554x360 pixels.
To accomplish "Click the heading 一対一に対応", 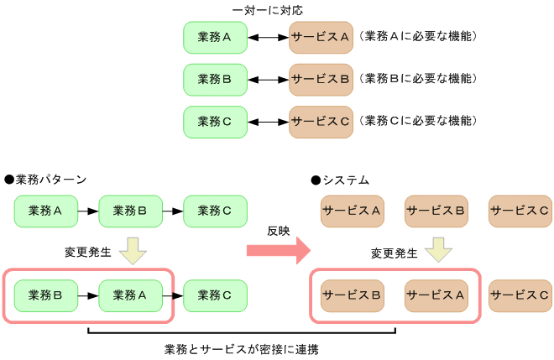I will (x=268, y=10).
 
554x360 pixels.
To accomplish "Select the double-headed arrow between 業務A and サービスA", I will (x=268, y=38).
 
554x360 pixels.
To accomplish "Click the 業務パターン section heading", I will (x=45, y=180).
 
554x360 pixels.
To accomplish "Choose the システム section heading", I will (x=340, y=180).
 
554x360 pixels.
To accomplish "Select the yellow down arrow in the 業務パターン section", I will (x=133, y=249).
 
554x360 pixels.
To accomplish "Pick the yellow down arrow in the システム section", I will (x=439, y=249).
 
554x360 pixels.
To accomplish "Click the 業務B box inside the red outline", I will (x=46, y=295).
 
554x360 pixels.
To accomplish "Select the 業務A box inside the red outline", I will (x=131, y=295).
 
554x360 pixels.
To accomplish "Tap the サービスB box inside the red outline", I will (x=353, y=295).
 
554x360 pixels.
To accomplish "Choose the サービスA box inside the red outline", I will (x=436, y=295).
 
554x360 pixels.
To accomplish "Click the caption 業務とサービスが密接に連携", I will (x=241, y=348).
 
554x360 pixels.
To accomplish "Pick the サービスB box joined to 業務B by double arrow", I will (x=321, y=80).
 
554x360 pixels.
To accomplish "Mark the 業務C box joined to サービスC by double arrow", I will (x=215, y=121).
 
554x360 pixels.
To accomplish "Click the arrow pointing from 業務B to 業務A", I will (x=88, y=295).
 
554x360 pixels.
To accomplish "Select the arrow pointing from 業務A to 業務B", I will (x=88, y=211).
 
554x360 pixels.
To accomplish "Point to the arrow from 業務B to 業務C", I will (x=172, y=211).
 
